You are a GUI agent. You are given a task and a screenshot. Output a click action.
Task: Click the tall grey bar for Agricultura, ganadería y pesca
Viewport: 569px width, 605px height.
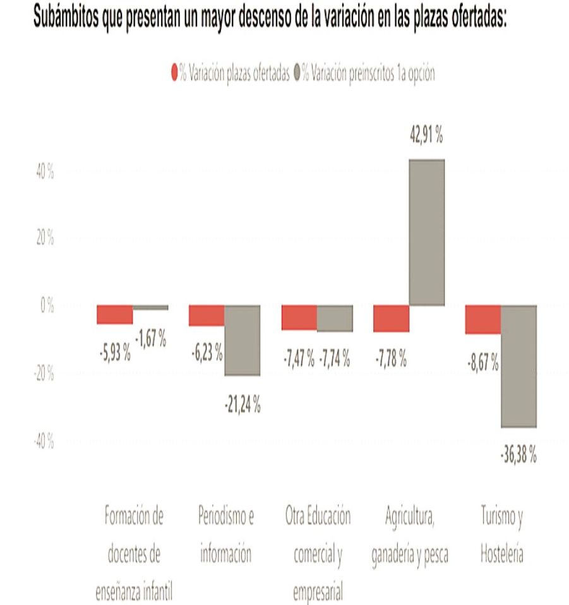[x=427, y=232]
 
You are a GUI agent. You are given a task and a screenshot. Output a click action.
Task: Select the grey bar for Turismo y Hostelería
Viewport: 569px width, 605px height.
[x=518, y=366]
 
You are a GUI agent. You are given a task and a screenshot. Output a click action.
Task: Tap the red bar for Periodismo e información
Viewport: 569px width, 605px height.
[x=207, y=316]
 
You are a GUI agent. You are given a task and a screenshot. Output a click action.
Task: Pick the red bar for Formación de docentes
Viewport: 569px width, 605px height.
[x=114, y=314]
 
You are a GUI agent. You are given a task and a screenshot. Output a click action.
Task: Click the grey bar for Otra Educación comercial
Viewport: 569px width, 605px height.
[x=335, y=318]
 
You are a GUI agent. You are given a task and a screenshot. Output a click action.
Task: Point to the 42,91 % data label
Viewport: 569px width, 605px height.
[x=426, y=135]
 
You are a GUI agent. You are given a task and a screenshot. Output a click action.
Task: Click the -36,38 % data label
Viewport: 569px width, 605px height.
[x=518, y=454]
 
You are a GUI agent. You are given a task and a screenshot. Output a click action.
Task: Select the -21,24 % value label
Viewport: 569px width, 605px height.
[x=242, y=405]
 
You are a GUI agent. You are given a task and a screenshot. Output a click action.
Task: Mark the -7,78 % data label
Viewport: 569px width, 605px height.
[x=390, y=361]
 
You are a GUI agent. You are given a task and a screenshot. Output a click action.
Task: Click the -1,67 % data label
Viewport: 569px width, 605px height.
[x=150, y=340]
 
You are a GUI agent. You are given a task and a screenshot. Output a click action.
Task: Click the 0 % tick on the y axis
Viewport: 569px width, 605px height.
[x=46, y=306]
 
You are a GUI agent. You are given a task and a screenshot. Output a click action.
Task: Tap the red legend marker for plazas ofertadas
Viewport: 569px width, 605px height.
[x=174, y=73]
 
